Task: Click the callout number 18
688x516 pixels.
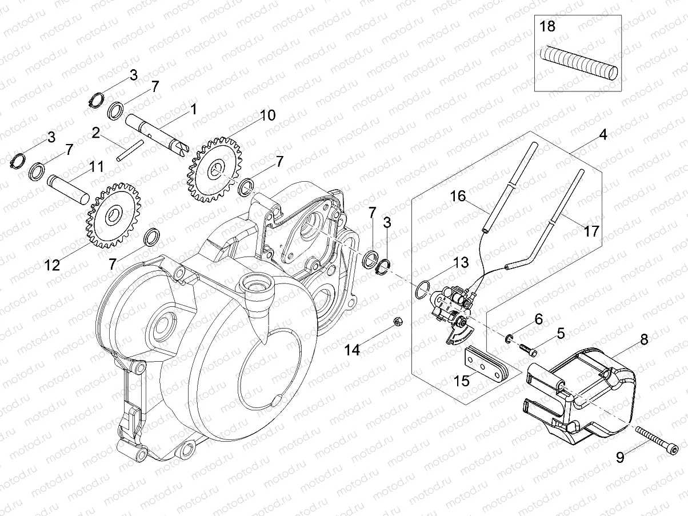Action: (x=547, y=26)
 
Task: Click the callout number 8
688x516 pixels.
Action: (x=644, y=339)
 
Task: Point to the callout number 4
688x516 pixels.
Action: (x=603, y=135)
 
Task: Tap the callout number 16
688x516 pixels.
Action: (x=458, y=197)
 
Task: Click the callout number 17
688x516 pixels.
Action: (x=591, y=231)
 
